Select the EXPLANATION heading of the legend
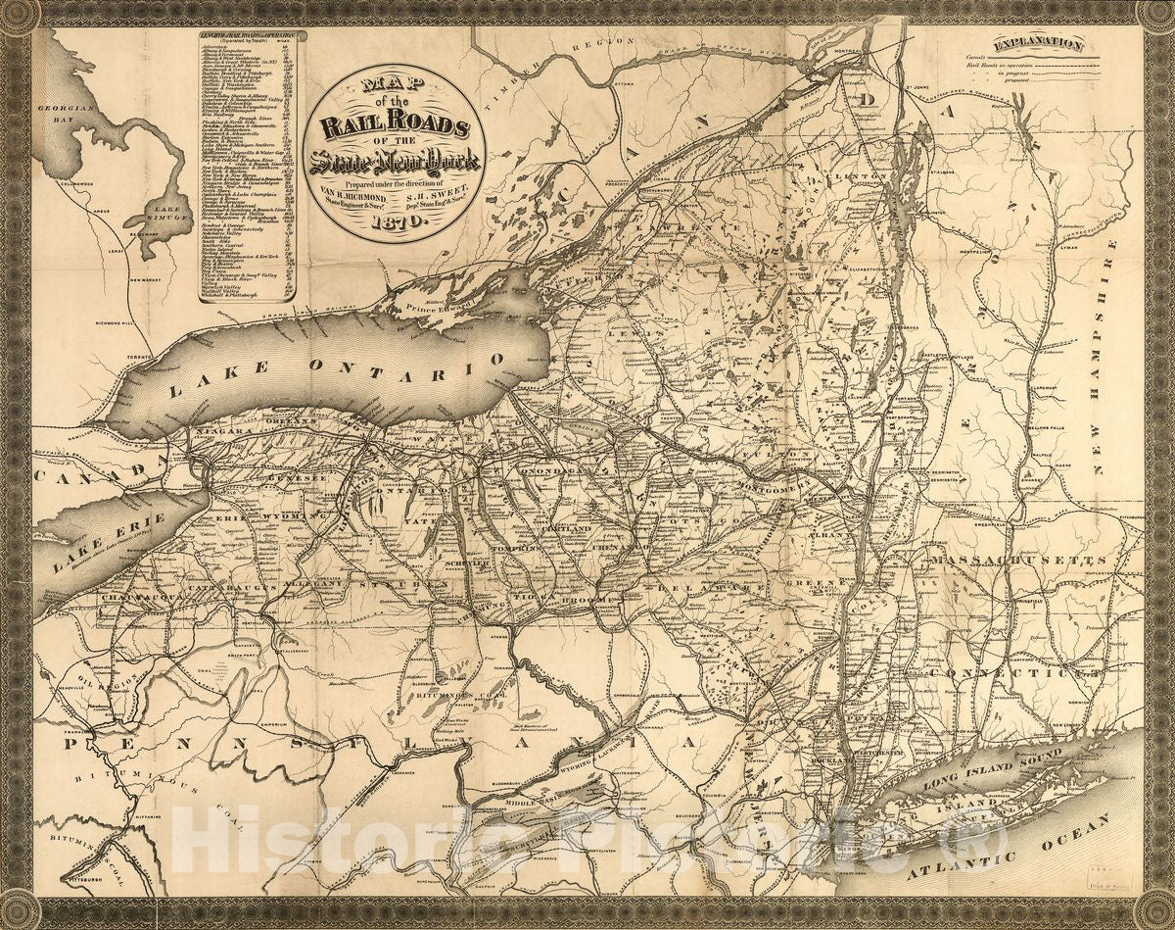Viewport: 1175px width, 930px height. [x=1038, y=43]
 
